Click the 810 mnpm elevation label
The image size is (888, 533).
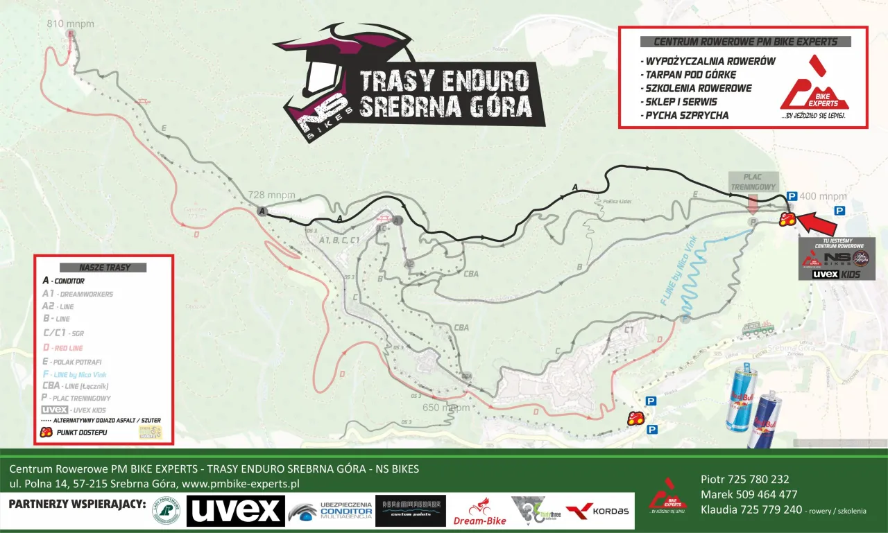pos(70,24)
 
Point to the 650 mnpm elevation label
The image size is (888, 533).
pos(446,408)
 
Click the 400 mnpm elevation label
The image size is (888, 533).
pos(824,196)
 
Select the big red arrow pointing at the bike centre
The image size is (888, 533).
pos(821,223)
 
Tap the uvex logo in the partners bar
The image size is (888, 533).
pos(235,511)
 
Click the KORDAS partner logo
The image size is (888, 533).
pos(597,511)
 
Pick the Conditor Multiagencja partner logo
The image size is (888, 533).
pos(331,512)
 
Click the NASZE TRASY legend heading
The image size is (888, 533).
pos(94,268)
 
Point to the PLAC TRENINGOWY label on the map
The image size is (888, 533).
pos(752,182)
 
